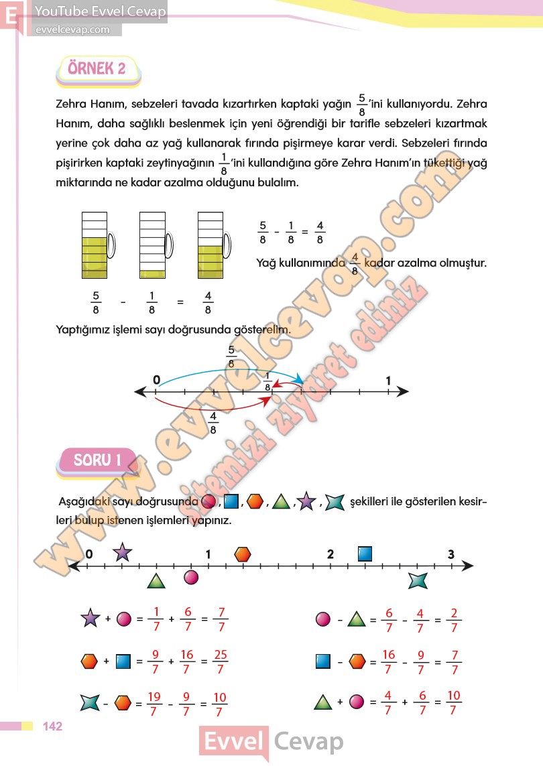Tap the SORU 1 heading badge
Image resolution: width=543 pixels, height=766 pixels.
[97, 460]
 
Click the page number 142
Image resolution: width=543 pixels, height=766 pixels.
[52, 726]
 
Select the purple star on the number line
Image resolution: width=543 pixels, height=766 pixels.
[122, 553]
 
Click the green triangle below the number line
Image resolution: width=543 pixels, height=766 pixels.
[156, 581]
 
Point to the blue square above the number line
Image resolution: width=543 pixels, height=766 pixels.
[365, 554]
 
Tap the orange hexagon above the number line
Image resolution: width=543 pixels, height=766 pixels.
[243, 554]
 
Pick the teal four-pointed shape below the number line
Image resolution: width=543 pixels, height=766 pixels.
[418, 580]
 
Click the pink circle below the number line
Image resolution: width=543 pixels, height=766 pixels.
[192, 577]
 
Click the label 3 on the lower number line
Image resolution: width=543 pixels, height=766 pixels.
[451, 554]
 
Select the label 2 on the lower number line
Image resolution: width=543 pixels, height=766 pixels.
[330, 554]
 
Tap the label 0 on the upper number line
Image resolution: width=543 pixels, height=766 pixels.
[156, 381]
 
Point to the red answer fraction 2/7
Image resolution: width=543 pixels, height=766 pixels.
[455, 620]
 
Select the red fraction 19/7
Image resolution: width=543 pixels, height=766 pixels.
[155, 703]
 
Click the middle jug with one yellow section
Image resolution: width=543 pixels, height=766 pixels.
[153, 245]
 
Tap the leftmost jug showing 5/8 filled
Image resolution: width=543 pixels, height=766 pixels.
[94, 245]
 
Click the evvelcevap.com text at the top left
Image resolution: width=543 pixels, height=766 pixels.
[72, 29]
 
